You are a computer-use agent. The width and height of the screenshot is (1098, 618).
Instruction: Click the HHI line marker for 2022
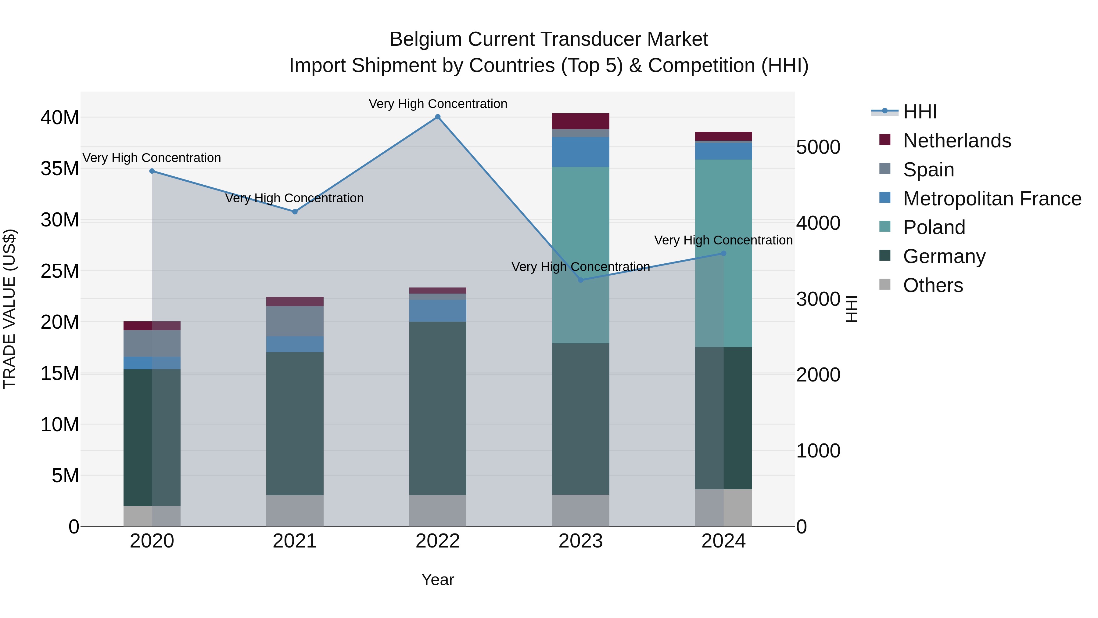[437, 117]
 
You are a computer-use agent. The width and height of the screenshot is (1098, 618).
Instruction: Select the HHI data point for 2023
[580, 280]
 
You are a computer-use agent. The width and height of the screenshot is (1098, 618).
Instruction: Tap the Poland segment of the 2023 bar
[580, 255]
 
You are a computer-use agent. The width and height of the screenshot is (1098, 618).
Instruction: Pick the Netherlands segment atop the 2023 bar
[580, 121]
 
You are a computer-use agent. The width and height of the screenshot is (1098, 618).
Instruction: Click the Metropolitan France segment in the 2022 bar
[437, 310]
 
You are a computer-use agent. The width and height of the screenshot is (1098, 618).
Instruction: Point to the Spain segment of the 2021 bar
[295, 321]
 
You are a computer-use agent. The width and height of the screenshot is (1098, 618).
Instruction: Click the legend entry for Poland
[934, 227]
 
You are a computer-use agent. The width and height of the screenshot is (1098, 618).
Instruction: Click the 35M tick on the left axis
[60, 168]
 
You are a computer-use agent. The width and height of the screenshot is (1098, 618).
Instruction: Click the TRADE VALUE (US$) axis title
[9, 309]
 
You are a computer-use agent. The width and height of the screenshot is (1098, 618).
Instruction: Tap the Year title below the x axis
[437, 580]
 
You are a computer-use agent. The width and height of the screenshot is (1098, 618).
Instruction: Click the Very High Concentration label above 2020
[152, 158]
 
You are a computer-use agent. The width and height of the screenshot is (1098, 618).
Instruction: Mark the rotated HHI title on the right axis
[851, 309]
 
